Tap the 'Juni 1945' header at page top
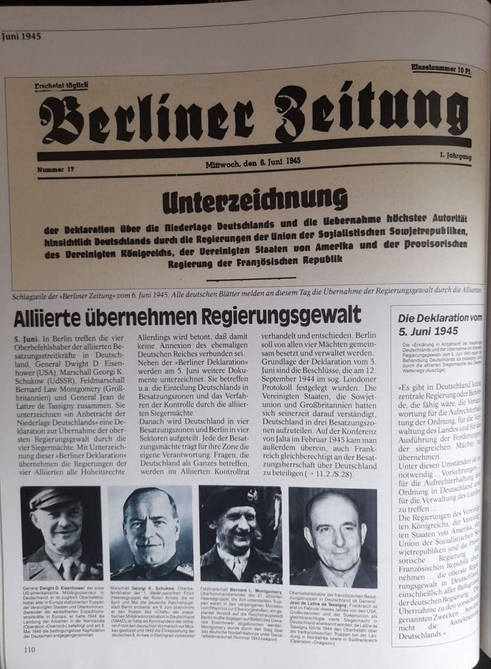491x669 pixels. (x=22, y=37)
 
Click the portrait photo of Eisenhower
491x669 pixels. (x=62, y=533)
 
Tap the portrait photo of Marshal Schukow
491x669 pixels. (x=151, y=533)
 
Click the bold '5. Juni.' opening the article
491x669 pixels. (x=27, y=340)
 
